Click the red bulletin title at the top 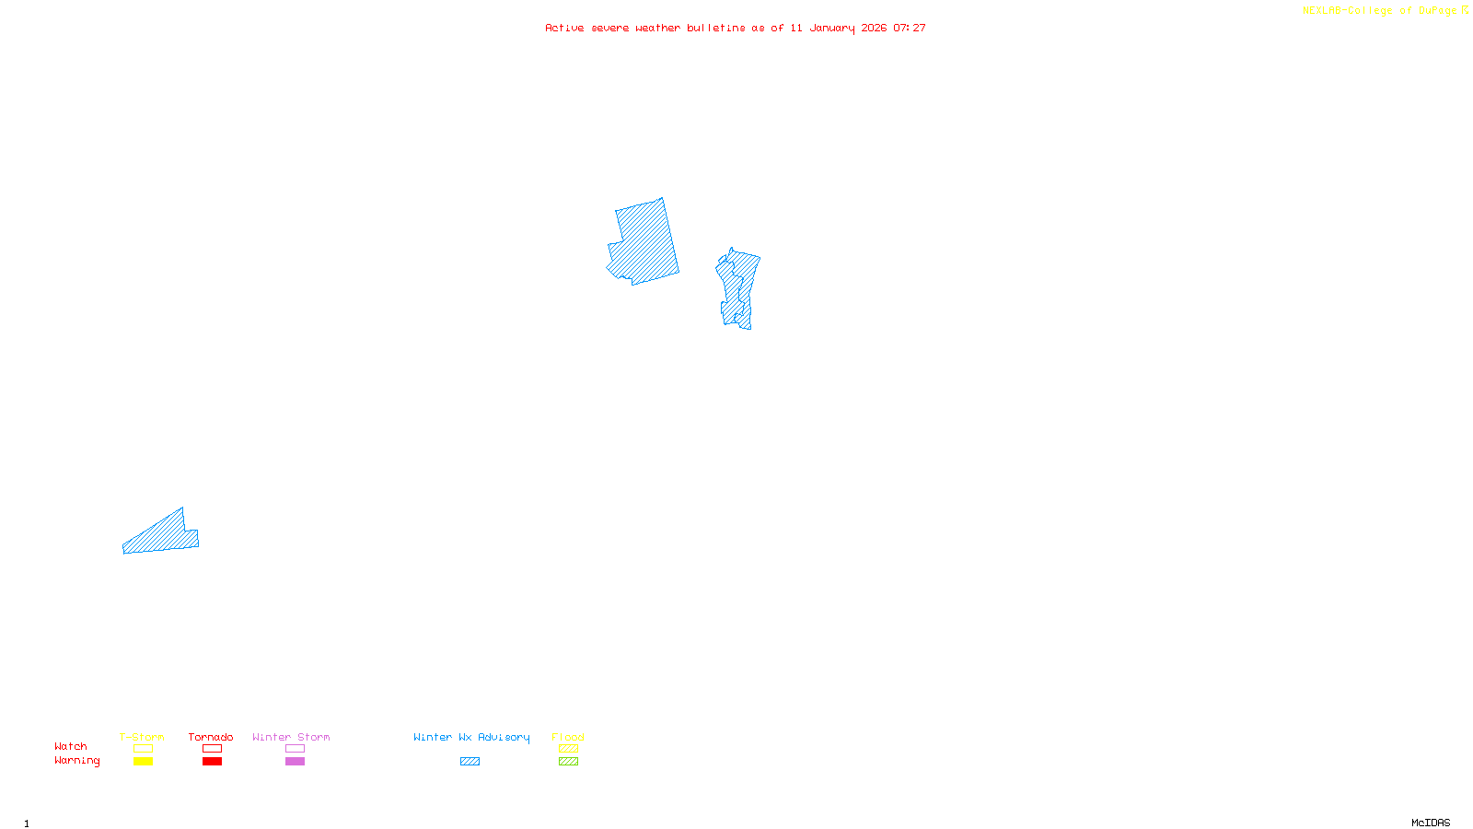pos(736,28)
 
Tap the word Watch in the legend pos(71,746)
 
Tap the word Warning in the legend pos(77,761)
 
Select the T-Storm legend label pos(142,737)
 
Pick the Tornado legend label pos(211,737)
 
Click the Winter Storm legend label pos(291,737)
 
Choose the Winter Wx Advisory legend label pos(471,737)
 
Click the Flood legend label pos(568,737)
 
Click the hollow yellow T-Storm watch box pos(143,749)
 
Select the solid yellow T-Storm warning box pos(143,762)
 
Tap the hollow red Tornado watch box pos(212,749)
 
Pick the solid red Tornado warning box pos(212,762)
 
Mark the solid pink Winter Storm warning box pos(295,762)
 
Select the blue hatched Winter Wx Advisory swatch pos(470,762)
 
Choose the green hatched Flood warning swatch pos(568,762)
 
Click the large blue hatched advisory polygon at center pos(644,242)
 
